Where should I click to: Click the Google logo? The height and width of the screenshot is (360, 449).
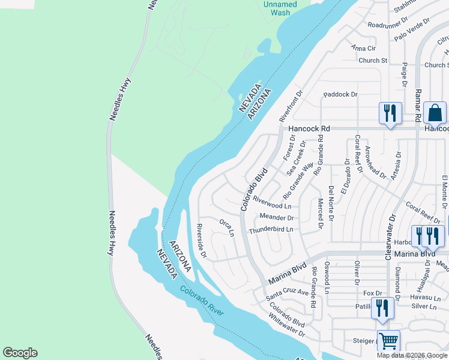coord(20,353)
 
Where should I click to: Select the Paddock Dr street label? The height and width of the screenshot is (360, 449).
coord(340,94)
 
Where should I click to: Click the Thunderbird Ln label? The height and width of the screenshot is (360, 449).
coord(271,229)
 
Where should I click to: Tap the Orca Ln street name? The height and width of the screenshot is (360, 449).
coord(226,228)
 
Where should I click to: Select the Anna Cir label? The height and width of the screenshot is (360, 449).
coord(363,48)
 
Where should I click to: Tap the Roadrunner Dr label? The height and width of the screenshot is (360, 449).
coord(391,25)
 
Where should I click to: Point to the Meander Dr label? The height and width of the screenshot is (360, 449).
coord(276,217)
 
